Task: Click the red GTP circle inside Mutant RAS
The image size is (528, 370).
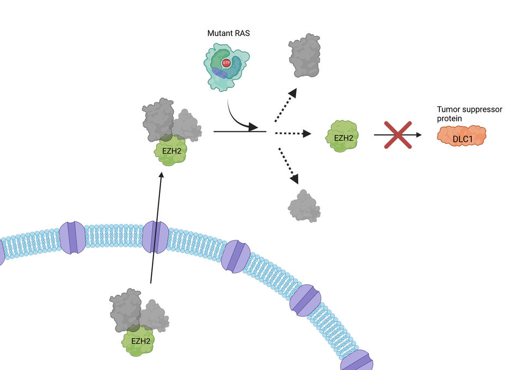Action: (226, 63)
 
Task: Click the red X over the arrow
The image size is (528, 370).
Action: (398, 134)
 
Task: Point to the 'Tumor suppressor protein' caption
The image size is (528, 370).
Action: (470, 113)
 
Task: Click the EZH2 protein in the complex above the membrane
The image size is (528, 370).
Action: (170, 151)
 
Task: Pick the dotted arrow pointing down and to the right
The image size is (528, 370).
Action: (289, 166)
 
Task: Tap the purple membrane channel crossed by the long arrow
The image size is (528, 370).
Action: (155, 237)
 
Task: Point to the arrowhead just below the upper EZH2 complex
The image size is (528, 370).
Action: (161, 176)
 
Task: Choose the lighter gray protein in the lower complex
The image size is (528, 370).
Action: (155, 315)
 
